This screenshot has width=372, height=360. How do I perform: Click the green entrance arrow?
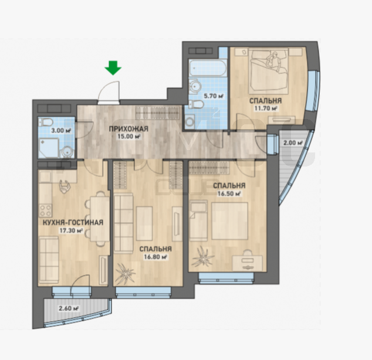pos(113,68)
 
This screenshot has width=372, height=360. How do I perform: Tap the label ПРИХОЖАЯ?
pos(128,129)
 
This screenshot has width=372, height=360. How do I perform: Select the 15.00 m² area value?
pos(128,137)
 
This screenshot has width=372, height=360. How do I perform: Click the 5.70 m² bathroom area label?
pos(214,96)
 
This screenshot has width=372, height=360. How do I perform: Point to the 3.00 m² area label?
pos(61,130)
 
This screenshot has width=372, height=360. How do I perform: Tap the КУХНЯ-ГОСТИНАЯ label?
pos(73,223)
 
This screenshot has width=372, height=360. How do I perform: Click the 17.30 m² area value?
pos(71,230)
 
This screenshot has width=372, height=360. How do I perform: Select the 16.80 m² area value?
pos(155,257)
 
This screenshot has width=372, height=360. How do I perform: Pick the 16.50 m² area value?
pos(229,193)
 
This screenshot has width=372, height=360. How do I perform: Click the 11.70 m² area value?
pos(266,108)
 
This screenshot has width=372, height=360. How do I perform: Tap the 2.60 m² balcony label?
pos(69,308)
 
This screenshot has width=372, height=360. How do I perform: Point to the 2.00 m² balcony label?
pos(293,143)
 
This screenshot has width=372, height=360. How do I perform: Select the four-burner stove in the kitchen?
pos(46,210)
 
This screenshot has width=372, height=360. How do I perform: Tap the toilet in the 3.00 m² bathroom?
pos(47,123)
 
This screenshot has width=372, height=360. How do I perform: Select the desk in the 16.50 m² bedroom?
pos(247,263)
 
